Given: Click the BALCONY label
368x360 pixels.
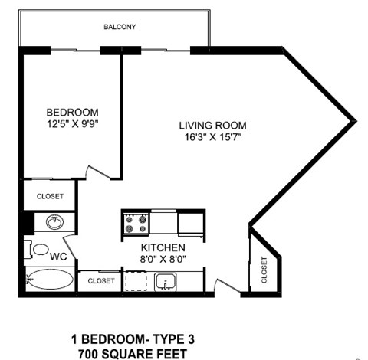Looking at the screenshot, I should pyautogui.click(x=120, y=28).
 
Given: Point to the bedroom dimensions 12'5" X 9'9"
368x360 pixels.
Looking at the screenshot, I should pyautogui.click(x=72, y=122).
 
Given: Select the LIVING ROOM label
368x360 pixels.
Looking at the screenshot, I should pyautogui.click(x=212, y=126).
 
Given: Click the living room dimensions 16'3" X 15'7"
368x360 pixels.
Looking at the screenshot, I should pyautogui.click(x=212, y=137).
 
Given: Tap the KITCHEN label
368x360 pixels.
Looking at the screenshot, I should pyautogui.click(x=162, y=248).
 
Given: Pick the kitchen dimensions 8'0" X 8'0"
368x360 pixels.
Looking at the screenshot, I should pyautogui.click(x=162, y=260).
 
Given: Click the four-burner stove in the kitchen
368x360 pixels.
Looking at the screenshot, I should pyautogui.click(x=136, y=223).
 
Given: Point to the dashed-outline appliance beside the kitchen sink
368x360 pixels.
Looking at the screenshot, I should pyautogui.click(x=136, y=282).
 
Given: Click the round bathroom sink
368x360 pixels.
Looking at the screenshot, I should pyautogui.click(x=54, y=223).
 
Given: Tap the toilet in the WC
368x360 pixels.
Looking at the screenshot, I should pyautogui.click(x=36, y=250).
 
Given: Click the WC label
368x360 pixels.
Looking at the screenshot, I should pyautogui.click(x=58, y=257).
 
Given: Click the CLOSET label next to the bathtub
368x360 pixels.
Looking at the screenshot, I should pyautogui.click(x=100, y=281).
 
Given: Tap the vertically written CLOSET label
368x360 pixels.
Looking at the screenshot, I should pyautogui.click(x=264, y=270).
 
